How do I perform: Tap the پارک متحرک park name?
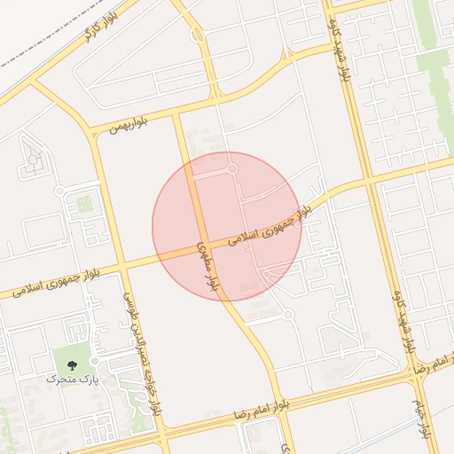(x=71, y=380)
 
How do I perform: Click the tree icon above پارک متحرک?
(x=71, y=364)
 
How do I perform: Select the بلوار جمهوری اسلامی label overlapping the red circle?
(x=269, y=226)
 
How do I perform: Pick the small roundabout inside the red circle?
(x=232, y=168)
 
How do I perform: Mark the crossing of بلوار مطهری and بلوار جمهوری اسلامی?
(x=203, y=247)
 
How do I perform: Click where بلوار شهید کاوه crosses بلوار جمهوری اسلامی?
(x=368, y=183)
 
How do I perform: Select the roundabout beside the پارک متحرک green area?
(x=94, y=361)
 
